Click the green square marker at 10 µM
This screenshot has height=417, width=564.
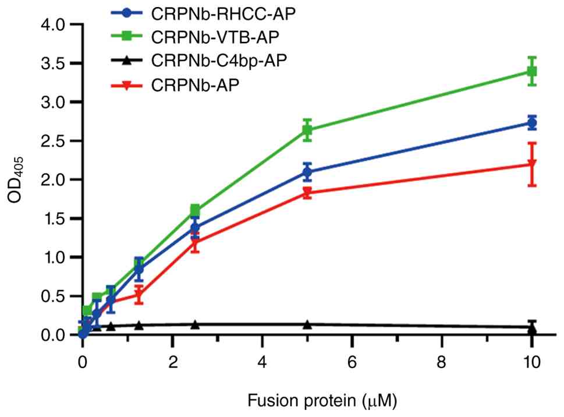pos(532,71)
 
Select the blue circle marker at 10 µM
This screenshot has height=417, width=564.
pos(532,123)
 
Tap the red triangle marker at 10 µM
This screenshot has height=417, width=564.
pos(532,164)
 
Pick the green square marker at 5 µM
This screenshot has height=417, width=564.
pos(307,130)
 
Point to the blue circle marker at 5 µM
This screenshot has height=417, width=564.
pos(307,172)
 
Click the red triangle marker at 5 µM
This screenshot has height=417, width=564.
pos(307,193)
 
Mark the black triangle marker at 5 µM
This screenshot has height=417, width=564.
pos(307,324)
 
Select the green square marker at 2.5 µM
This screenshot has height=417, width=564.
pos(195,210)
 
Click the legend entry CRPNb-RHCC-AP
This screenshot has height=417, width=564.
pos(204,13)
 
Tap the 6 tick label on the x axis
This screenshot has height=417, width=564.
pos(352,362)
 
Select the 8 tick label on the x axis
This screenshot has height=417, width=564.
pos(442,362)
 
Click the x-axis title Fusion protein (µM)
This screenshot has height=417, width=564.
pos(322,401)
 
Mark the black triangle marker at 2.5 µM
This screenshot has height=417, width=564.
pos(195,324)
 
